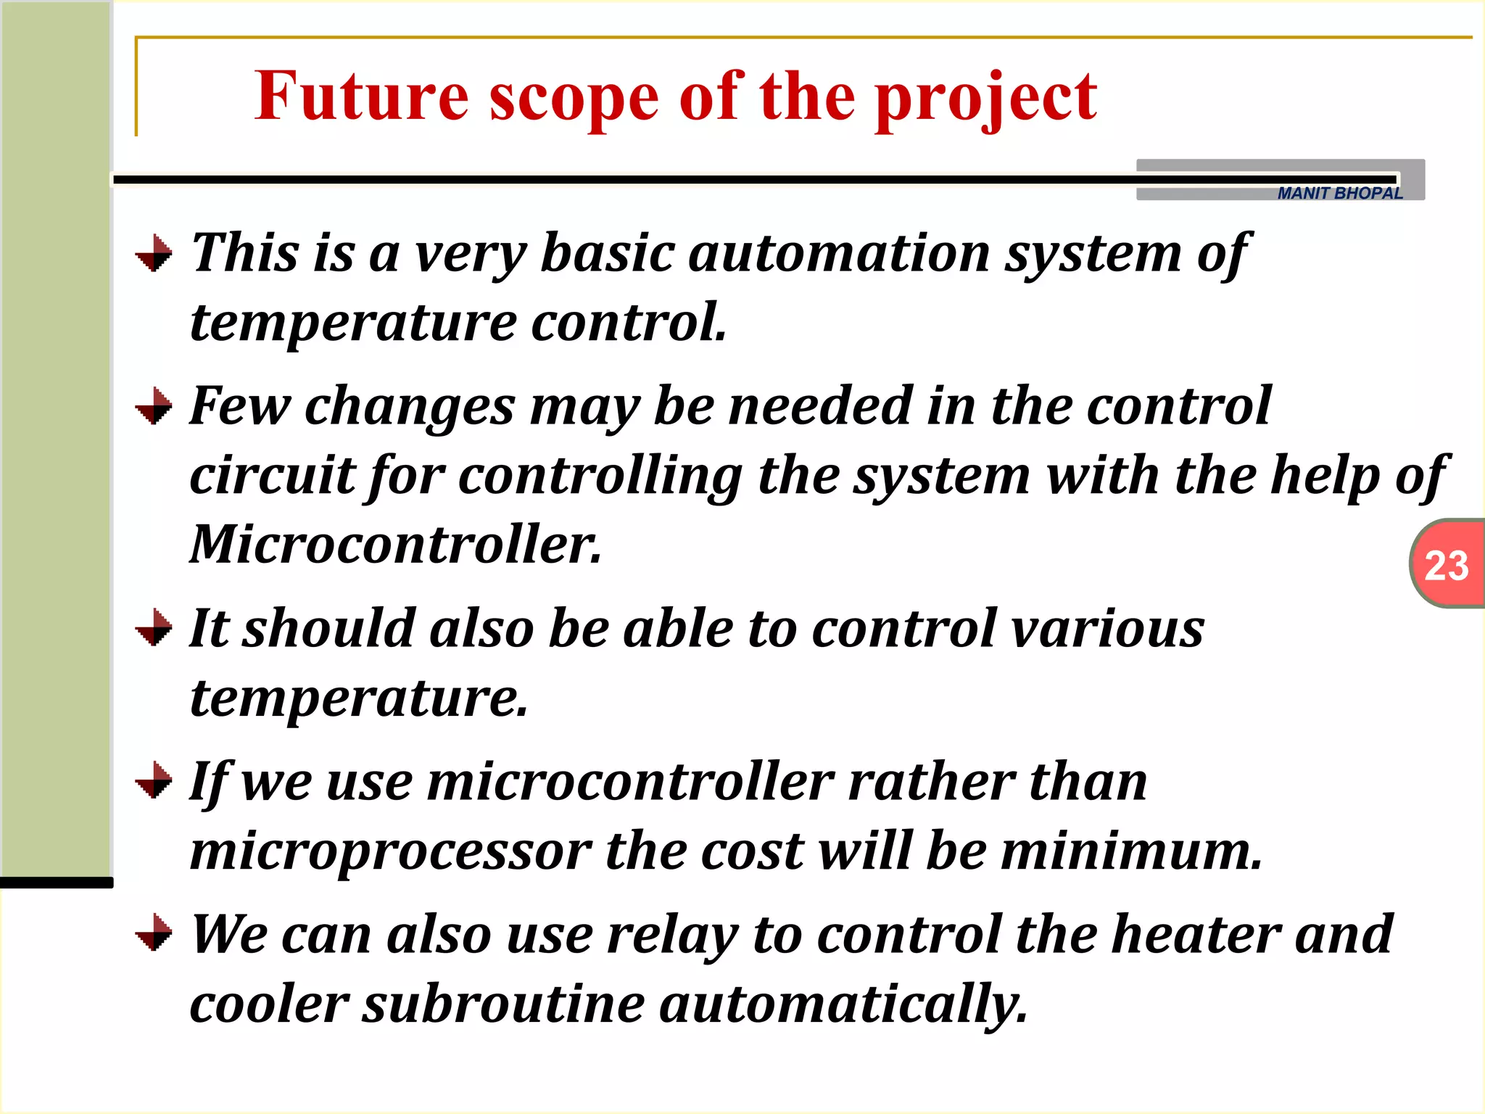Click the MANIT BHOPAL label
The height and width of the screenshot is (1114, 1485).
click(1340, 193)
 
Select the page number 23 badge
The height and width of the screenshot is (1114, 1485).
click(1447, 565)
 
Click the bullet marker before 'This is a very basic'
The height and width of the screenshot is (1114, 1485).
click(154, 254)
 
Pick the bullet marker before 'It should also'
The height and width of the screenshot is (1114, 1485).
click(154, 628)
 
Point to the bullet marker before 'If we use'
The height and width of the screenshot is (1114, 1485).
click(154, 781)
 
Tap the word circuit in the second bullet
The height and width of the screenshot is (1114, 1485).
click(272, 476)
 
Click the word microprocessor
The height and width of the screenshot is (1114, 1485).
click(391, 851)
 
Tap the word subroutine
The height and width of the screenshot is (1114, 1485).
click(504, 1004)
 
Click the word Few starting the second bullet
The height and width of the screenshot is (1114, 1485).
click(239, 406)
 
